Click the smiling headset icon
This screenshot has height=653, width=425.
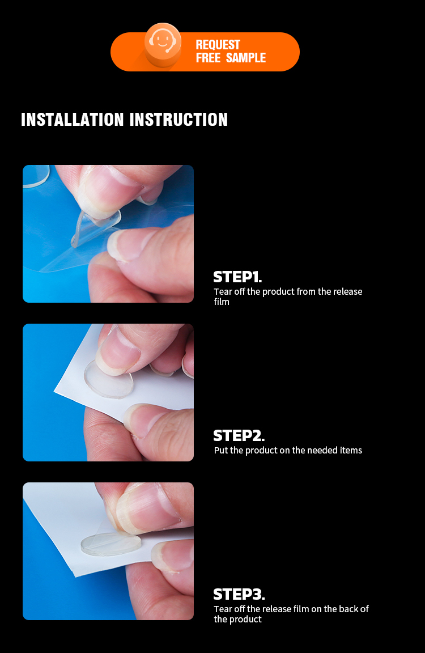(x=163, y=41)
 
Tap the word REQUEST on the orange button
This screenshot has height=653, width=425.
(x=218, y=45)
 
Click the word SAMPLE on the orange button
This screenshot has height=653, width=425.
(x=245, y=57)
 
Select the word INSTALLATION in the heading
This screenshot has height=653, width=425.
(x=73, y=120)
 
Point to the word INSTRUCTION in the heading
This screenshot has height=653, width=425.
(x=178, y=120)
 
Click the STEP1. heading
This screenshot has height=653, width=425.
(x=237, y=277)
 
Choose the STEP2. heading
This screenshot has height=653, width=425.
(x=239, y=435)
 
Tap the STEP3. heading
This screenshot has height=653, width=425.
(x=239, y=594)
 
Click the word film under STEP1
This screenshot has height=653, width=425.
(x=222, y=302)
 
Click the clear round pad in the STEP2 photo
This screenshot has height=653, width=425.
(x=108, y=379)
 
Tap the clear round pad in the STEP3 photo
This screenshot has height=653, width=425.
(x=110, y=544)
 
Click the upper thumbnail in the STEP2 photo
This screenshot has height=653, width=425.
(x=118, y=352)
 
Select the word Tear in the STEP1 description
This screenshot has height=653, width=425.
(x=223, y=291)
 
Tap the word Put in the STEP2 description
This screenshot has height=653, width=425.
(x=221, y=450)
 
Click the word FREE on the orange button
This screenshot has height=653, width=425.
(x=208, y=57)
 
